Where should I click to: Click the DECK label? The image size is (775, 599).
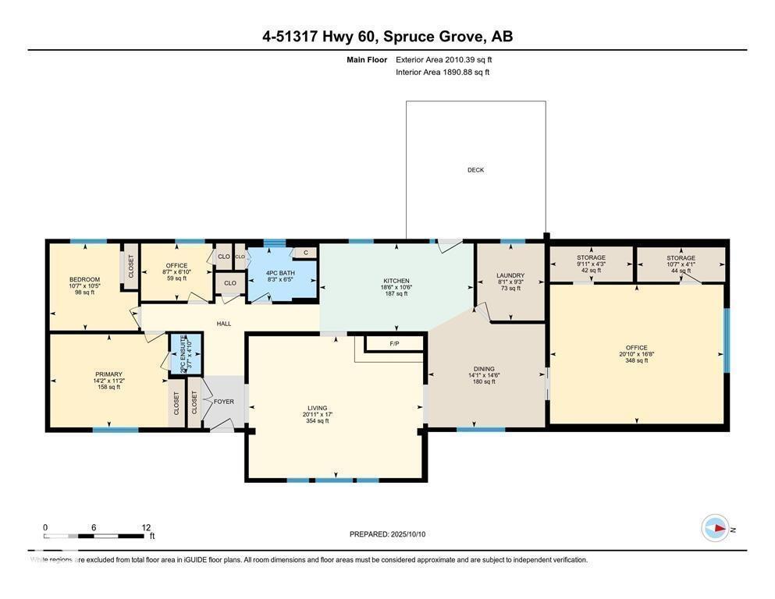(475, 170)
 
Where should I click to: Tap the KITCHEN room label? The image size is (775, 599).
(396, 281)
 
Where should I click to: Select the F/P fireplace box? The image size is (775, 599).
(394, 343)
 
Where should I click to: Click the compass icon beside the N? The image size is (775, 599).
(714, 528)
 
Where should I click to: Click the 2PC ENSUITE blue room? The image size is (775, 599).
(187, 353)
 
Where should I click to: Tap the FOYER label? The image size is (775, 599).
(224, 402)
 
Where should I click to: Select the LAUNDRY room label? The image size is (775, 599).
(510, 275)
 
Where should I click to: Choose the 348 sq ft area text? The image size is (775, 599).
(636, 360)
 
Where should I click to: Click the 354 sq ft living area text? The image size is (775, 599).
(317, 420)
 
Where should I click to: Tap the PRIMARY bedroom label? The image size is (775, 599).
(108, 374)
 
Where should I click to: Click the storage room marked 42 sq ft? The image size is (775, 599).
(591, 264)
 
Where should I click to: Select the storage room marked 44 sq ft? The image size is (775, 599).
(681, 264)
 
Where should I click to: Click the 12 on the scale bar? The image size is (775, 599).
(145, 527)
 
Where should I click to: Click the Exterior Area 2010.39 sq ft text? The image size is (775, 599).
(443, 59)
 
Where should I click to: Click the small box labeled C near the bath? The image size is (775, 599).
(305, 252)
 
